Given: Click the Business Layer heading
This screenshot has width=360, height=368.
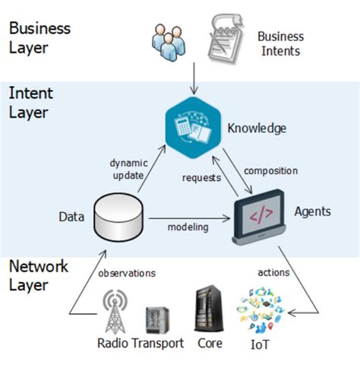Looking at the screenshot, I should (x=39, y=38).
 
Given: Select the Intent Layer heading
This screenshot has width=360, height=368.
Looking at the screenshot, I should (x=31, y=103).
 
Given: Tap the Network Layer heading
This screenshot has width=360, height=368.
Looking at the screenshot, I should (x=39, y=276).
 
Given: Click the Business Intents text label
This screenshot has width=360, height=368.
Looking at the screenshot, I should (x=280, y=44).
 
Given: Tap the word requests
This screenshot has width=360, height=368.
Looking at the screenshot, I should (x=201, y=178).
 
